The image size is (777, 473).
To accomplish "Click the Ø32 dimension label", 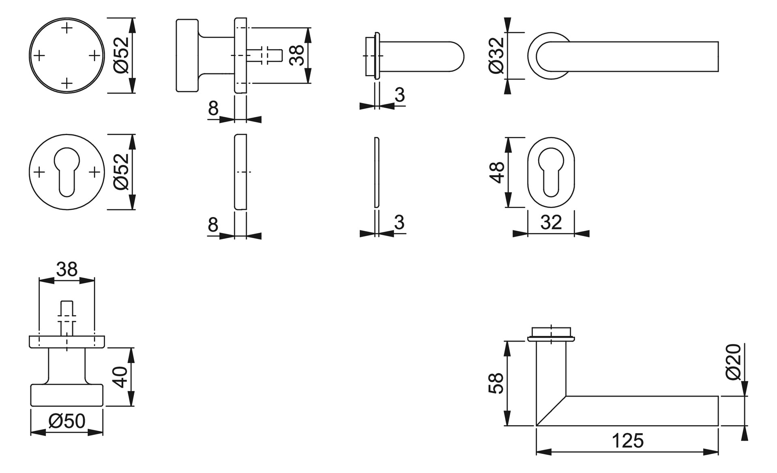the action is [496, 56].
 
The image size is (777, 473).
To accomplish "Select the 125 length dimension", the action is [627, 441].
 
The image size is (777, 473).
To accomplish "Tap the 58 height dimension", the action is [496, 383].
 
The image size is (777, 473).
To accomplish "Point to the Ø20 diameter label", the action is [734, 362].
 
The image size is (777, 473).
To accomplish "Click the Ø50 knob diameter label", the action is [67, 421].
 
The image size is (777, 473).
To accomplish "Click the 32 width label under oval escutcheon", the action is [551, 222].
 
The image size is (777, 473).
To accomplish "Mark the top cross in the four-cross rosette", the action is [67, 28].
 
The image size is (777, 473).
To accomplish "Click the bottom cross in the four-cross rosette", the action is [67, 84].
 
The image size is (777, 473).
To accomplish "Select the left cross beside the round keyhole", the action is [39, 172].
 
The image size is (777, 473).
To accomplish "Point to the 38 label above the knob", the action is [67, 269].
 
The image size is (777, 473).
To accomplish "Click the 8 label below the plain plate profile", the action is [213, 224].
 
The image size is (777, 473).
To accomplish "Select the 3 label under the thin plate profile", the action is [399, 222].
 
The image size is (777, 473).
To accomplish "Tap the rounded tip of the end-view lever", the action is [464, 57].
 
